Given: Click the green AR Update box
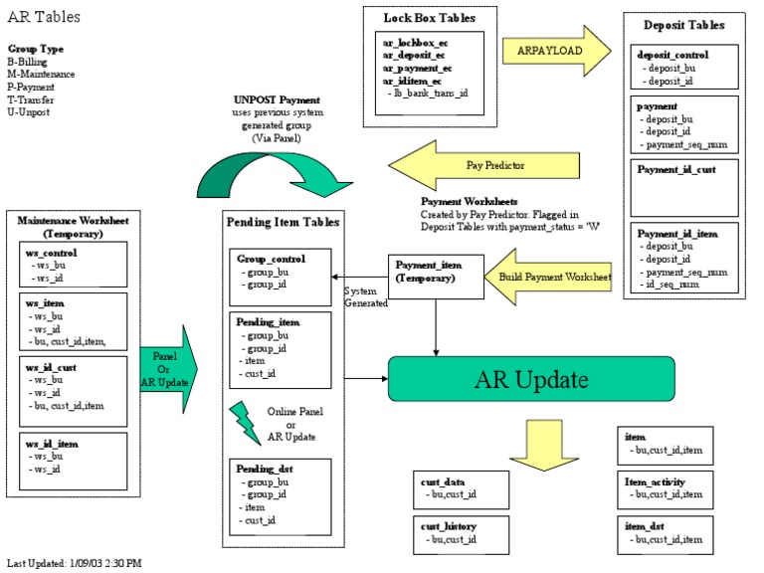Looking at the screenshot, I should coord(531,379).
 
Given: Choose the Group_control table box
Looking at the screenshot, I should coord(280,277).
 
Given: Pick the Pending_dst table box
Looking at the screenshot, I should coord(280,493).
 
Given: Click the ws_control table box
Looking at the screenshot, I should coord(72,266).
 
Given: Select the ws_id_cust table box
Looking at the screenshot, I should coord(72,391).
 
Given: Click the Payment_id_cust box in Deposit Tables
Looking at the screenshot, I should coord(686,189).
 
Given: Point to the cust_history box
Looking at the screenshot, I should coord(461,534).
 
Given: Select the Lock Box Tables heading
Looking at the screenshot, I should coord(430,17).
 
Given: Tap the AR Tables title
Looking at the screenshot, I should coord(44,17).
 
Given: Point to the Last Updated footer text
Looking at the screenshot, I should coord(74,563).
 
